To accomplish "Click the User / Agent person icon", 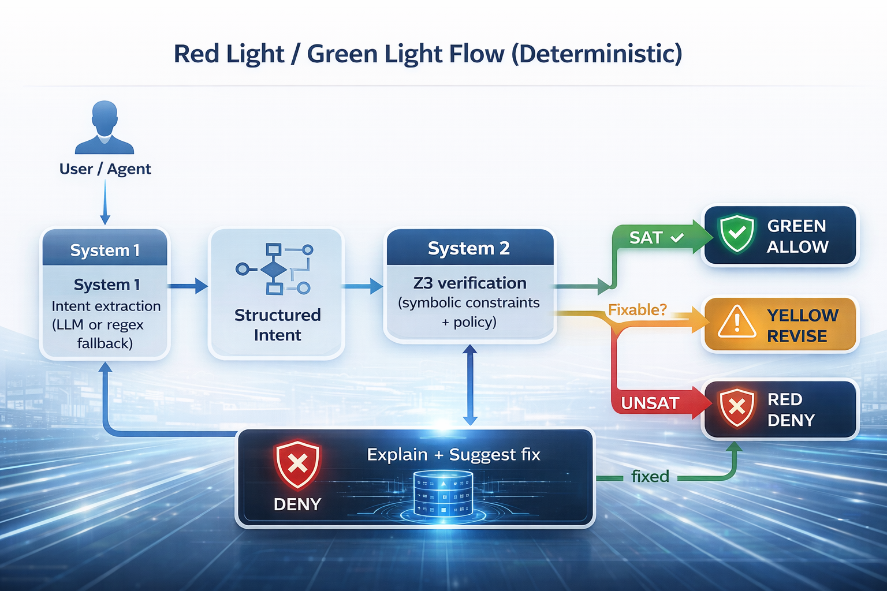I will (105, 128).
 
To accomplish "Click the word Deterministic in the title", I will (597, 54).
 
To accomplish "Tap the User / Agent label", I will (105, 169).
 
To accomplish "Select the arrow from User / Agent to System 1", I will (105, 202).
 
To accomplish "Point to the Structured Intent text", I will (277, 325).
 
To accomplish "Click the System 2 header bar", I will (469, 248).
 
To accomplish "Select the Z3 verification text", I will (469, 283).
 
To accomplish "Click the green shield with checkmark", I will (737, 234).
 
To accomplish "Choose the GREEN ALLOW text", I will (797, 236).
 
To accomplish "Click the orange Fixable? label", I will (638, 310).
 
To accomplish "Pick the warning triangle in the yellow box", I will (737, 321).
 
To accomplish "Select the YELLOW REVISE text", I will (802, 326).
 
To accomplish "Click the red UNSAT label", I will (650, 403).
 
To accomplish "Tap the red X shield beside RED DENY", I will (737, 407).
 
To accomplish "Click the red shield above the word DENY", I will (297, 463).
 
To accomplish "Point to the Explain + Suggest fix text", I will (453, 455).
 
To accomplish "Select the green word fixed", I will (650, 476).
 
